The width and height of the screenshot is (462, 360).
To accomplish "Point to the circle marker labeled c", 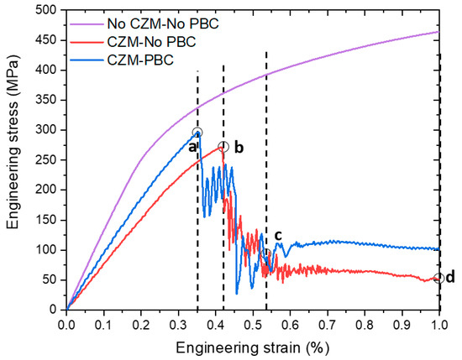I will point(266,253).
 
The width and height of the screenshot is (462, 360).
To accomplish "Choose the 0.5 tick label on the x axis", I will point(253,323).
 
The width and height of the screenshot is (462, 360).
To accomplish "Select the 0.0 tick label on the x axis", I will point(66,323).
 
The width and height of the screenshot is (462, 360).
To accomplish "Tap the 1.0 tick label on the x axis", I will point(439,323).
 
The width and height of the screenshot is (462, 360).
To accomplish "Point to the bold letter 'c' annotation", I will point(278,235).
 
